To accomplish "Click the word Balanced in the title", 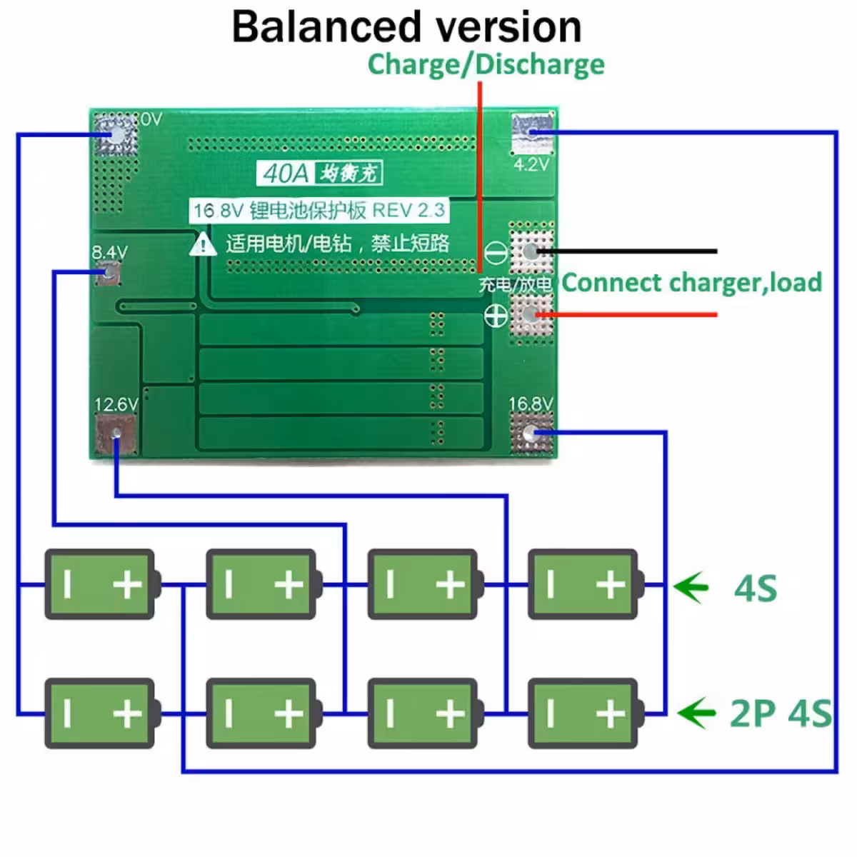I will point(326,27).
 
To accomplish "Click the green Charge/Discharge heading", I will point(486,64).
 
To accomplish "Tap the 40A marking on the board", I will point(286,173).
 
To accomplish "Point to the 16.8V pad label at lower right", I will point(530,404).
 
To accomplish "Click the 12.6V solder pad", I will point(115,433).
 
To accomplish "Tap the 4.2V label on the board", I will point(531,165).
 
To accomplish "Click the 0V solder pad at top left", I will point(115,134).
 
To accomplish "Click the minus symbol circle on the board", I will point(496,252).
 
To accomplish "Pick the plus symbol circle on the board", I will point(496,315).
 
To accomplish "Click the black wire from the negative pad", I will point(628,251).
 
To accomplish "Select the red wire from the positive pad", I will point(628,314).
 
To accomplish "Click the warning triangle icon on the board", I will point(204,244).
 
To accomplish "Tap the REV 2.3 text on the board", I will point(409,210).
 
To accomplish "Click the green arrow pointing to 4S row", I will point(691,588).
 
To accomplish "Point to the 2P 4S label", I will point(780,713).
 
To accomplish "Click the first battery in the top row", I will point(101,584).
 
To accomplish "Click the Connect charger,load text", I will point(691,283).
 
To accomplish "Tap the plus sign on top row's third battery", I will point(450,585).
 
